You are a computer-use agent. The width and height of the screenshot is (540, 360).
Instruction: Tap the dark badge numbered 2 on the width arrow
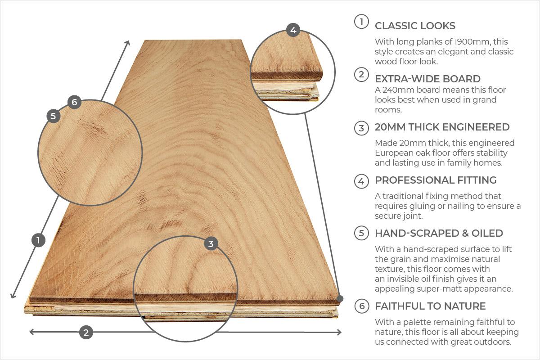click(x=86, y=333)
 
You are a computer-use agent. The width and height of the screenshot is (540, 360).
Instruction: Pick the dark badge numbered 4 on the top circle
click(x=293, y=30)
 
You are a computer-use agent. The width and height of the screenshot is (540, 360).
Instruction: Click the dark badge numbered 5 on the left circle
click(x=53, y=116)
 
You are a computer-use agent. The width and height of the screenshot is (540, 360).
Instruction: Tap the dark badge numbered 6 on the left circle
click(x=74, y=102)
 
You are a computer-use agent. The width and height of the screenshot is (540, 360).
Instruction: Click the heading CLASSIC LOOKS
click(x=415, y=26)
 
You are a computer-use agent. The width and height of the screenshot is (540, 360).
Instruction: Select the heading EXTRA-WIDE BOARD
click(x=427, y=79)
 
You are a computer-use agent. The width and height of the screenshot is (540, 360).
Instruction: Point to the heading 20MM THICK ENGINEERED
click(x=442, y=127)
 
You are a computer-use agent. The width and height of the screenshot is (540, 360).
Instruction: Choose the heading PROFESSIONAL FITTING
click(x=436, y=180)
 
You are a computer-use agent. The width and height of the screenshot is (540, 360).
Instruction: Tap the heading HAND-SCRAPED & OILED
click(x=439, y=233)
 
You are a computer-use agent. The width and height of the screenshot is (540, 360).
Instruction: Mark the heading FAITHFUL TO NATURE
click(x=430, y=306)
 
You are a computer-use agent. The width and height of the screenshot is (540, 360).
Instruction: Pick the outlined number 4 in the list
click(x=361, y=181)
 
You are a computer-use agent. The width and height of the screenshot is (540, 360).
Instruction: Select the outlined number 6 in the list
click(x=361, y=306)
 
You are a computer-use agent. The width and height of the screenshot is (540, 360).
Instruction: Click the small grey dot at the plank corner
click(x=340, y=298)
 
